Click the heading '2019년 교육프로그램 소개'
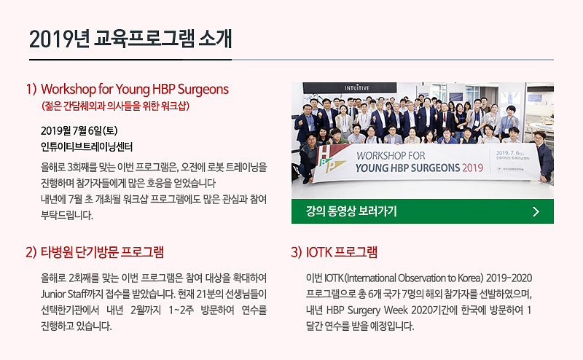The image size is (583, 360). click(130, 39)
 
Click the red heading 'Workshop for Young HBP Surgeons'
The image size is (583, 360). click(135, 89)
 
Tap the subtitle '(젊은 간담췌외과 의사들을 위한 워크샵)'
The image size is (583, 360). click(116, 106)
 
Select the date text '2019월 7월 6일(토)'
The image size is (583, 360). click(79, 131)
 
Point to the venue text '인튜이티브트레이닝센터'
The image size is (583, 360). click(87, 147)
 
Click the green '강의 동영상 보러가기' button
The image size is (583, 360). click(423, 211)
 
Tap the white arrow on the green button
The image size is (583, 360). click(536, 211)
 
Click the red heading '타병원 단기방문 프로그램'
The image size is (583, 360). click(102, 252)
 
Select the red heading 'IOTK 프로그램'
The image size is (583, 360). click(341, 252)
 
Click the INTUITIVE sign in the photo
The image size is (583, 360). click(357, 88)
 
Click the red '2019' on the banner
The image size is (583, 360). click(472, 168)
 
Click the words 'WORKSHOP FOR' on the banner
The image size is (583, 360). click(391, 155)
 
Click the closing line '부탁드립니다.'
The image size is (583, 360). click(67, 215)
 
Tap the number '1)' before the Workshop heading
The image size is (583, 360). click(31, 89)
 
